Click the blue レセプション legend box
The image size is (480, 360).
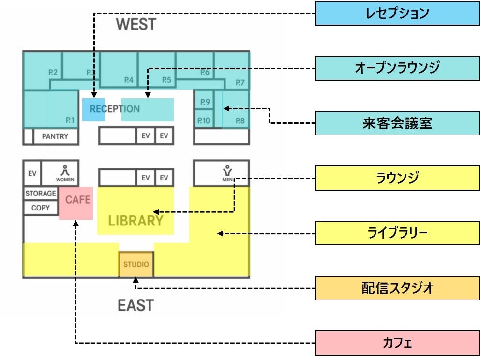coord(397,14)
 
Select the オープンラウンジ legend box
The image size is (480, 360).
coord(397,68)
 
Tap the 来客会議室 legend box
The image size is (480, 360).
coord(397,123)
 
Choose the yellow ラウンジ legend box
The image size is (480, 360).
coord(397,178)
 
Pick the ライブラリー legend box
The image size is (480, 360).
coord(397,233)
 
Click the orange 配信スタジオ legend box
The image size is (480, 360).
coord(397,288)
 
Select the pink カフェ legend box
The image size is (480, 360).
coord(397,343)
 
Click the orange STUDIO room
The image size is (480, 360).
coord(136,264)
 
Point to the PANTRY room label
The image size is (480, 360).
coord(55,136)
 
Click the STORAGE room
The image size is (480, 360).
coord(41,194)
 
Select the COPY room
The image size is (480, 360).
coord(41,208)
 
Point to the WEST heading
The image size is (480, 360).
coord(136,24)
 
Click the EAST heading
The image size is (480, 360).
coord(136,305)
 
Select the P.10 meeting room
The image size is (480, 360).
coord(203,120)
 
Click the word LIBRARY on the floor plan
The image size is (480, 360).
coord(135,221)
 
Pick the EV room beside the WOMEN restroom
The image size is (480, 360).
coord(32,173)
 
